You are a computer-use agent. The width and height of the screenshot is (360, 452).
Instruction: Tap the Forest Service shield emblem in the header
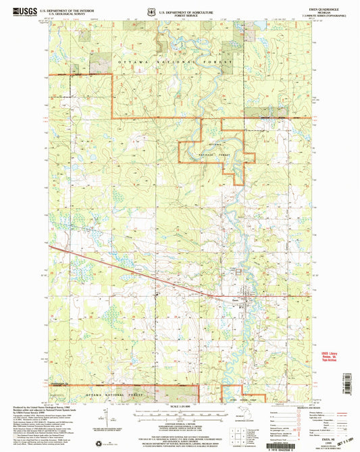[x=150, y=11]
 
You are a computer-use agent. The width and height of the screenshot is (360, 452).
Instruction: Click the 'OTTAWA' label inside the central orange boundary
[x=215, y=146]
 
